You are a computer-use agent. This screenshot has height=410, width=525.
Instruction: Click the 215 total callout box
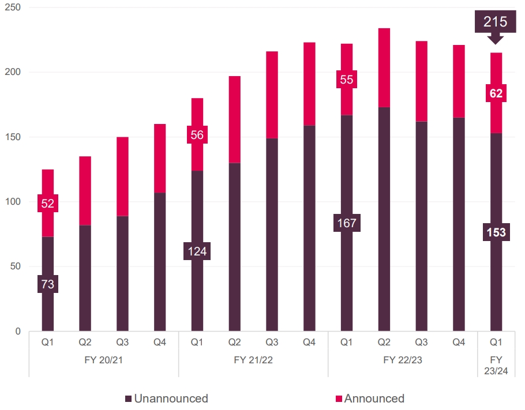point(496,22)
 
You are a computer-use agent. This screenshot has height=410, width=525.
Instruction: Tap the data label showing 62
point(496,93)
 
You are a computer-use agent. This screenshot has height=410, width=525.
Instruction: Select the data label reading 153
point(496,232)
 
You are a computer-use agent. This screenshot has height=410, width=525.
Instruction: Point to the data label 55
point(346,80)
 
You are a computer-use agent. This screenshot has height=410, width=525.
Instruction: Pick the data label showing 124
point(197,251)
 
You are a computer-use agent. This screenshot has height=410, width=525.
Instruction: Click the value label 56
point(197,135)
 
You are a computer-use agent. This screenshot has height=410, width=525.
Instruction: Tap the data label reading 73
point(47,284)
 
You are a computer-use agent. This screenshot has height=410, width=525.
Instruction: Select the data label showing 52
point(47,203)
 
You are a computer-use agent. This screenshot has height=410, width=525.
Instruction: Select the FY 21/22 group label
point(253,360)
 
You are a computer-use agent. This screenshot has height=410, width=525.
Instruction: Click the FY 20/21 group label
point(103,360)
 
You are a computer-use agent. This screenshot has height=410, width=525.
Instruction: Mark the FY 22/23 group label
point(402,360)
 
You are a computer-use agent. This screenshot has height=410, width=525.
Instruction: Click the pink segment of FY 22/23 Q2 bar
point(384,67)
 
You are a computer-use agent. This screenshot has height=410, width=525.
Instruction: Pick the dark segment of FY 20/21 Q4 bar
point(160,262)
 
